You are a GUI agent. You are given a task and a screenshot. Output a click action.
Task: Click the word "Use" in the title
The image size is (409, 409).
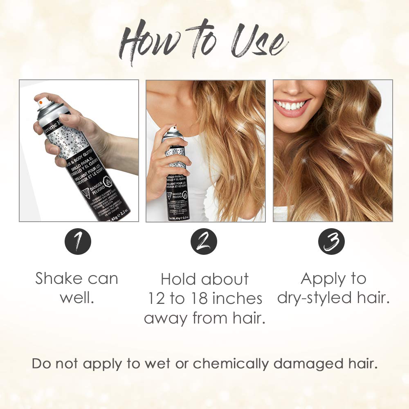pyautogui.click(x=256, y=43)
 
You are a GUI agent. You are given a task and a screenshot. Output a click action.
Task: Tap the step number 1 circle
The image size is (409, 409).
pyautogui.click(x=78, y=242)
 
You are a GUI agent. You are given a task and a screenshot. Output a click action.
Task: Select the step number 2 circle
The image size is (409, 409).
pyautogui.click(x=204, y=242)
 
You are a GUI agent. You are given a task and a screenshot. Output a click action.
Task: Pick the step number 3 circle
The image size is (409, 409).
pyautogui.click(x=331, y=242)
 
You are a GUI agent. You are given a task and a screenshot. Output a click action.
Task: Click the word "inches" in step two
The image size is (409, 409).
pyautogui.click(x=237, y=299)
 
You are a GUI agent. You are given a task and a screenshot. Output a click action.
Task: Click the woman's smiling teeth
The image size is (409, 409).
pyautogui.click(x=292, y=106)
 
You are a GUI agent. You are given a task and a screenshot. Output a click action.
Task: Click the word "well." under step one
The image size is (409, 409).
pyautogui.click(x=77, y=298)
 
